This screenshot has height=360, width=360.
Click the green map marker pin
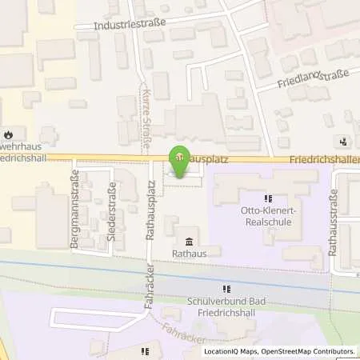(x=181, y=157)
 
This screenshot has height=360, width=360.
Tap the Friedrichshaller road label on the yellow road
(x=328, y=159)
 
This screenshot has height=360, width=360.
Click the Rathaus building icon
(x=189, y=242)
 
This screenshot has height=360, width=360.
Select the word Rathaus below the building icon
(x=189, y=255)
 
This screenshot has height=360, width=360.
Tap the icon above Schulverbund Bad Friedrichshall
(x=226, y=289)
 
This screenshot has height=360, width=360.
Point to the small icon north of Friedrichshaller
(x=343, y=141)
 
